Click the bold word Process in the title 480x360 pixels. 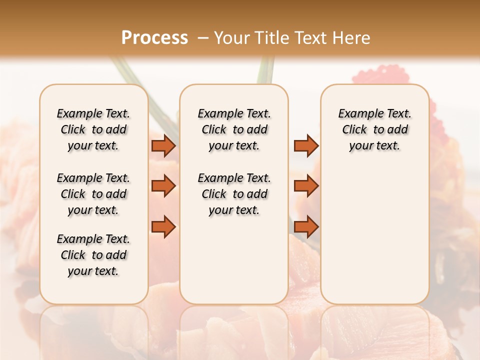pyautogui.click(x=154, y=37)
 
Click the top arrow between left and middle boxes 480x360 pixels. pyautogui.click(x=163, y=145)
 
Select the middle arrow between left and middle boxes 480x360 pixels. pyautogui.click(x=163, y=186)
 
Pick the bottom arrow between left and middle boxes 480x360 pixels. pyautogui.click(x=163, y=227)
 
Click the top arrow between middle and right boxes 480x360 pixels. pyautogui.click(x=306, y=145)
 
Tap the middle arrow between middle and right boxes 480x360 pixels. pyautogui.click(x=306, y=186)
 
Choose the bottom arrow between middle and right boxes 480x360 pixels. pyautogui.click(x=306, y=227)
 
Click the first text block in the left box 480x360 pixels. pyautogui.click(x=93, y=129)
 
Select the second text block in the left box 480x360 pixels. pyautogui.click(x=93, y=194)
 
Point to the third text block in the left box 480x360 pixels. pyautogui.click(x=93, y=255)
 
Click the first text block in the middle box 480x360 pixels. pyautogui.click(x=234, y=129)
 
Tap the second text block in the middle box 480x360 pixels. pyautogui.click(x=234, y=194)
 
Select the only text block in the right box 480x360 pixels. pyautogui.click(x=375, y=129)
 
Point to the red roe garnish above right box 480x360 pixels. pyautogui.click(x=370, y=74)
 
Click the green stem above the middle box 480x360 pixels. pyautogui.click(x=265, y=70)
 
